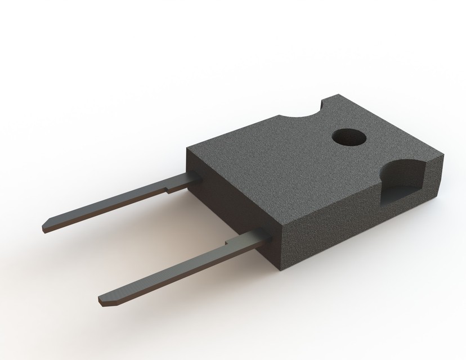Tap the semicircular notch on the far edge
click(301, 115)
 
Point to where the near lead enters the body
click(259, 237)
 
